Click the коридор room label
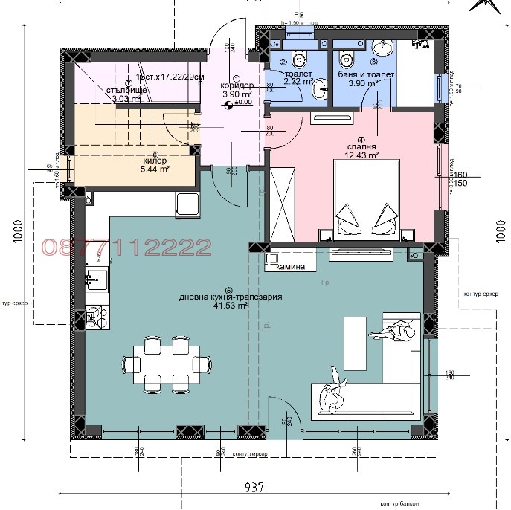(x=237, y=85)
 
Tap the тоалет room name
(x=297, y=74)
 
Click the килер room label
(x=155, y=161)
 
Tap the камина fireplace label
(x=292, y=266)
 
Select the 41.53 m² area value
(x=230, y=306)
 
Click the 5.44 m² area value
(x=155, y=170)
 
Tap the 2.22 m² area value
(x=295, y=83)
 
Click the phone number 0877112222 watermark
(x=126, y=247)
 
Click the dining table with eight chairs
(x=164, y=364)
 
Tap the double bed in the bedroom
(x=364, y=199)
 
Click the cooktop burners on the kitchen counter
(x=94, y=317)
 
